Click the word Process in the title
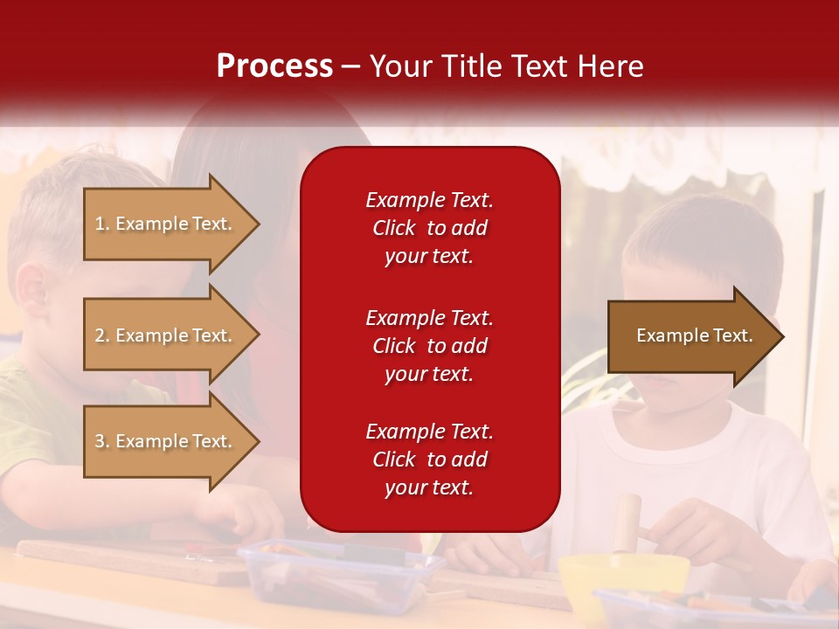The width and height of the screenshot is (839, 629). [x=274, y=66]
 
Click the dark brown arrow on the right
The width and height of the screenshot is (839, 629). [x=690, y=336]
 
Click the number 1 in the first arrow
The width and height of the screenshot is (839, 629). [x=100, y=224]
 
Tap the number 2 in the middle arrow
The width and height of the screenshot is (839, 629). [x=100, y=335]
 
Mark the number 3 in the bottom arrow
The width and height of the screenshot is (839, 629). [x=100, y=441]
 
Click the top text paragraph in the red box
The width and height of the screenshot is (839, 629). [x=429, y=228]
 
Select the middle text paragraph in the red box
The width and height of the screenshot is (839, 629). [x=429, y=346]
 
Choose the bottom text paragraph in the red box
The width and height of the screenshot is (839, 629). [x=429, y=460]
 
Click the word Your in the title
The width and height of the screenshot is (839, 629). [x=399, y=66]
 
